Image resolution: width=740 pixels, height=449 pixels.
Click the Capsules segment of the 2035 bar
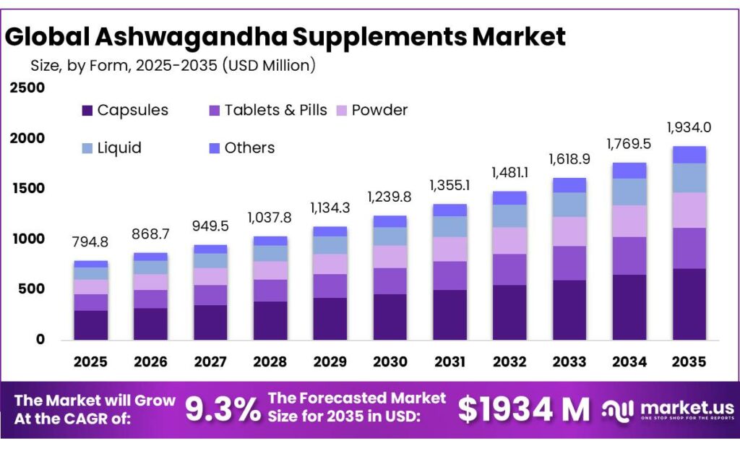pyautogui.click(x=689, y=304)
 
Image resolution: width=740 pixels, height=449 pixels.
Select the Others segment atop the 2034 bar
pyautogui.click(x=629, y=170)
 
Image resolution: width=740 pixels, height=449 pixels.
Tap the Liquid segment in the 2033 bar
pyautogui.click(x=569, y=205)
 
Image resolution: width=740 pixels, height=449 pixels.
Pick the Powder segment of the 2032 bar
pyautogui.click(x=509, y=240)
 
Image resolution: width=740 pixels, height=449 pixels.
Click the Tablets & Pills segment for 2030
pyautogui.click(x=390, y=281)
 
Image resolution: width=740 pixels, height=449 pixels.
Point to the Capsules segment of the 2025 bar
pyautogui.click(x=90, y=325)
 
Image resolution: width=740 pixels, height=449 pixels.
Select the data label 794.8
pyautogui.click(x=90, y=241)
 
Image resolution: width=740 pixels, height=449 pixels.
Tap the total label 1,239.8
pyautogui.click(x=390, y=197)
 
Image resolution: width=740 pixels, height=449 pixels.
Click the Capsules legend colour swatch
pyautogui.click(x=87, y=111)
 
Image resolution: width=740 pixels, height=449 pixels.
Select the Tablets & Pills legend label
pyautogui.click(x=275, y=111)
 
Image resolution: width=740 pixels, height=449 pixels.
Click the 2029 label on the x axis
pyautogui.click(x=330, y=361)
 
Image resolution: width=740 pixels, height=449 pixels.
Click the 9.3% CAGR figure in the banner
pyautogui.click(x=223, y=410)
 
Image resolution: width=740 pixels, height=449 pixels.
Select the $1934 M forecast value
pyautogui.click(x=524, y=410)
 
